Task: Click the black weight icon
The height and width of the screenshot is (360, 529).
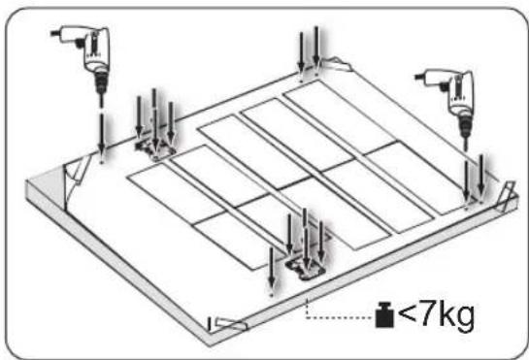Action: coord(384,315)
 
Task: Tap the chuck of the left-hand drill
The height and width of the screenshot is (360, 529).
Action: coord(100,82)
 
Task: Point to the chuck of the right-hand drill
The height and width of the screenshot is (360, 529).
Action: coord(465,125)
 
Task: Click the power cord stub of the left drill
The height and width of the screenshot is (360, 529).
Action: coord(54,33)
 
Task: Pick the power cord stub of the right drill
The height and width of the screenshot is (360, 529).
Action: coord(419,77)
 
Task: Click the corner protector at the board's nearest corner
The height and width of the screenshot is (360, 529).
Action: coord(228,324)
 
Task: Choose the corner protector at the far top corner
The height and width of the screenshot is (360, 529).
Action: coord(335,64)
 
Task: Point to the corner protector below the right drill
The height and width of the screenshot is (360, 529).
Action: coord(507,197)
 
